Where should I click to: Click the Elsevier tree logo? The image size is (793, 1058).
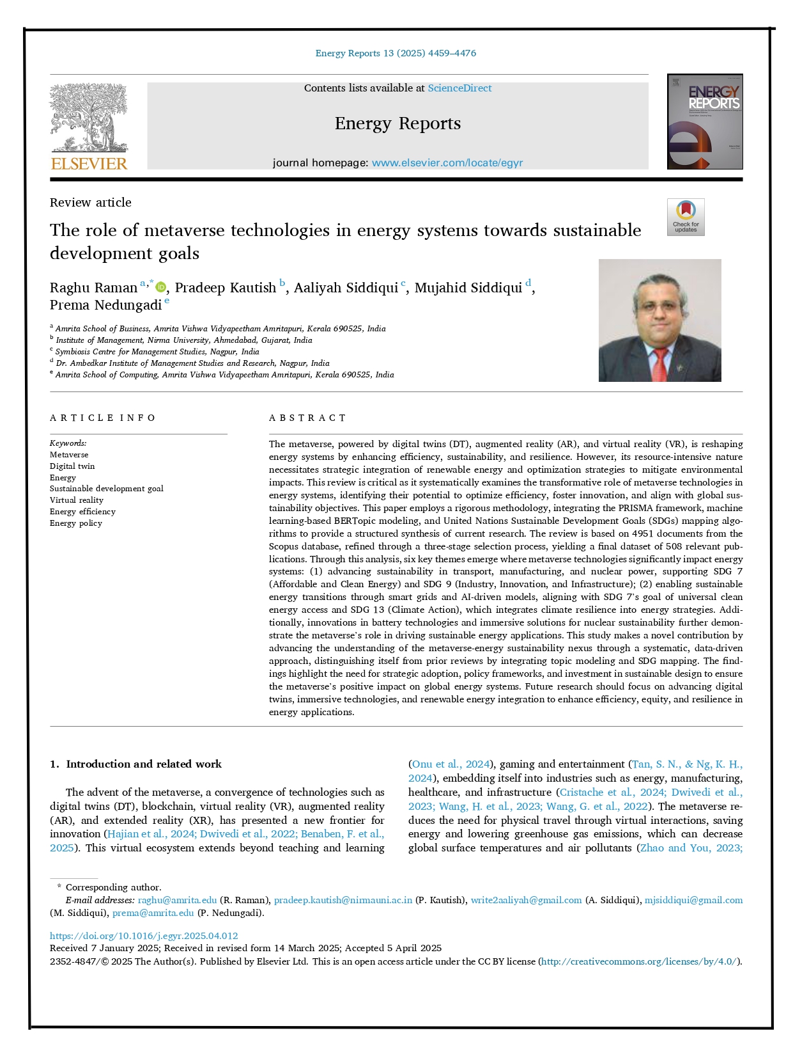[89, 126]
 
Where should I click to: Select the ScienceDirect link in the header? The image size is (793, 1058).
[459, 88]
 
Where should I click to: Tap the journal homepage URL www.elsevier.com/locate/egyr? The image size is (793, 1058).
[447, 163]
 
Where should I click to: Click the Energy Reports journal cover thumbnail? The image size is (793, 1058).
[704, 122]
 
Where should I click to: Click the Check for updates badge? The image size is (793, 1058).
[685, 217]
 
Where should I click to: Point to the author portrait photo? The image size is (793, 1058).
[659, 320]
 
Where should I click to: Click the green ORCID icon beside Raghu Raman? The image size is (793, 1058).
[161, 288]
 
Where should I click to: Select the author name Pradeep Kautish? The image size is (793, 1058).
[225, 288]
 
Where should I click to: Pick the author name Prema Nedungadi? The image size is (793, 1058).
[105, 305]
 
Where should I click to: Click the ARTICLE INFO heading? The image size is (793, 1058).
[103, 418]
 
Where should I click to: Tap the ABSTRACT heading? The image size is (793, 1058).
[307, 418]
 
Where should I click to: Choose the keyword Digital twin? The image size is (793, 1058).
[72, 466]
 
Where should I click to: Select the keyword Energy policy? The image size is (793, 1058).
[76, 523]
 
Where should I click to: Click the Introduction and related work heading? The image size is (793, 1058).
[143, 764]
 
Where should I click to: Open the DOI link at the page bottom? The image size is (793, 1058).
[144, 935]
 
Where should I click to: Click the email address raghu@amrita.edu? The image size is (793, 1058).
[177, 900]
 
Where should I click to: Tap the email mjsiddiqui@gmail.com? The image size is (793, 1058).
[693, 900]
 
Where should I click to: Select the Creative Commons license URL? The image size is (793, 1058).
[640, 961]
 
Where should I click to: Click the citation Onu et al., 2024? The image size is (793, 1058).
[451, 764]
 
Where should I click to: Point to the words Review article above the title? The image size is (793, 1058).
[91, 203]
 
